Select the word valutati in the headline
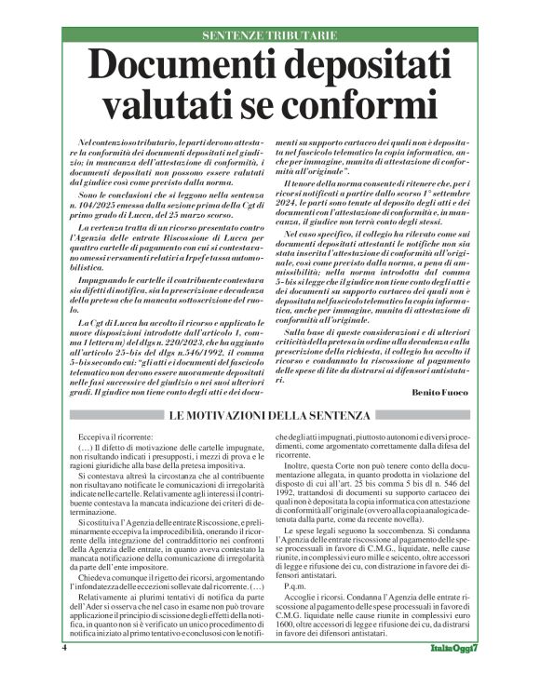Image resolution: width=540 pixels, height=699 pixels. point(162,101)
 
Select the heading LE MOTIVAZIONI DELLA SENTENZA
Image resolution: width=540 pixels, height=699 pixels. point(270,415)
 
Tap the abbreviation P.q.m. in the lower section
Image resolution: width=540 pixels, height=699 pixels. point(294,586)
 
